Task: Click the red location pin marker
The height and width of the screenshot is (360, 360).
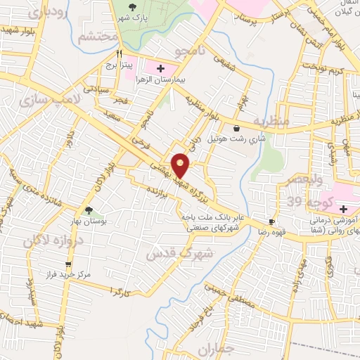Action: coord(181,165)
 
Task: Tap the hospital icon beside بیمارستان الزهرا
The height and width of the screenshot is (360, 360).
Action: coord(160,69)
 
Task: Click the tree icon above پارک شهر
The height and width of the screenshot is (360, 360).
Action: coord(133,7)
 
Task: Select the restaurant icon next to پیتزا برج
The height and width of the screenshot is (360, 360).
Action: coord(120,53)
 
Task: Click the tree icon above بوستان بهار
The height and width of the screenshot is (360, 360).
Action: coord(89,210)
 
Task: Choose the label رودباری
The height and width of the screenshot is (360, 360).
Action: coord(48,12)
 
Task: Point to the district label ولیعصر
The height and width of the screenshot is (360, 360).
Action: coord(302,180)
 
